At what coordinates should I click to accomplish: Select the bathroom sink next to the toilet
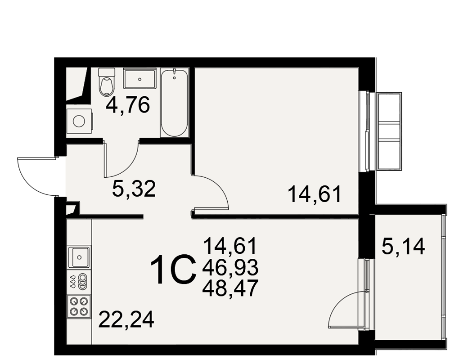pos(140,78)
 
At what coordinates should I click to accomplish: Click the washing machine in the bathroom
pos(80,121)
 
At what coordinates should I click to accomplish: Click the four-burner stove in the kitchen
pos(79,306)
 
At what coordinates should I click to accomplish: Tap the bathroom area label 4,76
pos(128,105)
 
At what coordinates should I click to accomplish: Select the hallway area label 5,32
pos(134,189)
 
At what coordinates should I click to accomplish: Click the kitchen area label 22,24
pos(126,319)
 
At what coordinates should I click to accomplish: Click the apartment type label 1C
pos(174,270)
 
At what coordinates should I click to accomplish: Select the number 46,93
pos(230,267)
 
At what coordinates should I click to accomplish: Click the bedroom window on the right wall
pos(364,131)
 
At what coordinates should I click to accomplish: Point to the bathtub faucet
pos(174,73)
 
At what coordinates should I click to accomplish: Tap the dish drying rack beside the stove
pos(79,281)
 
